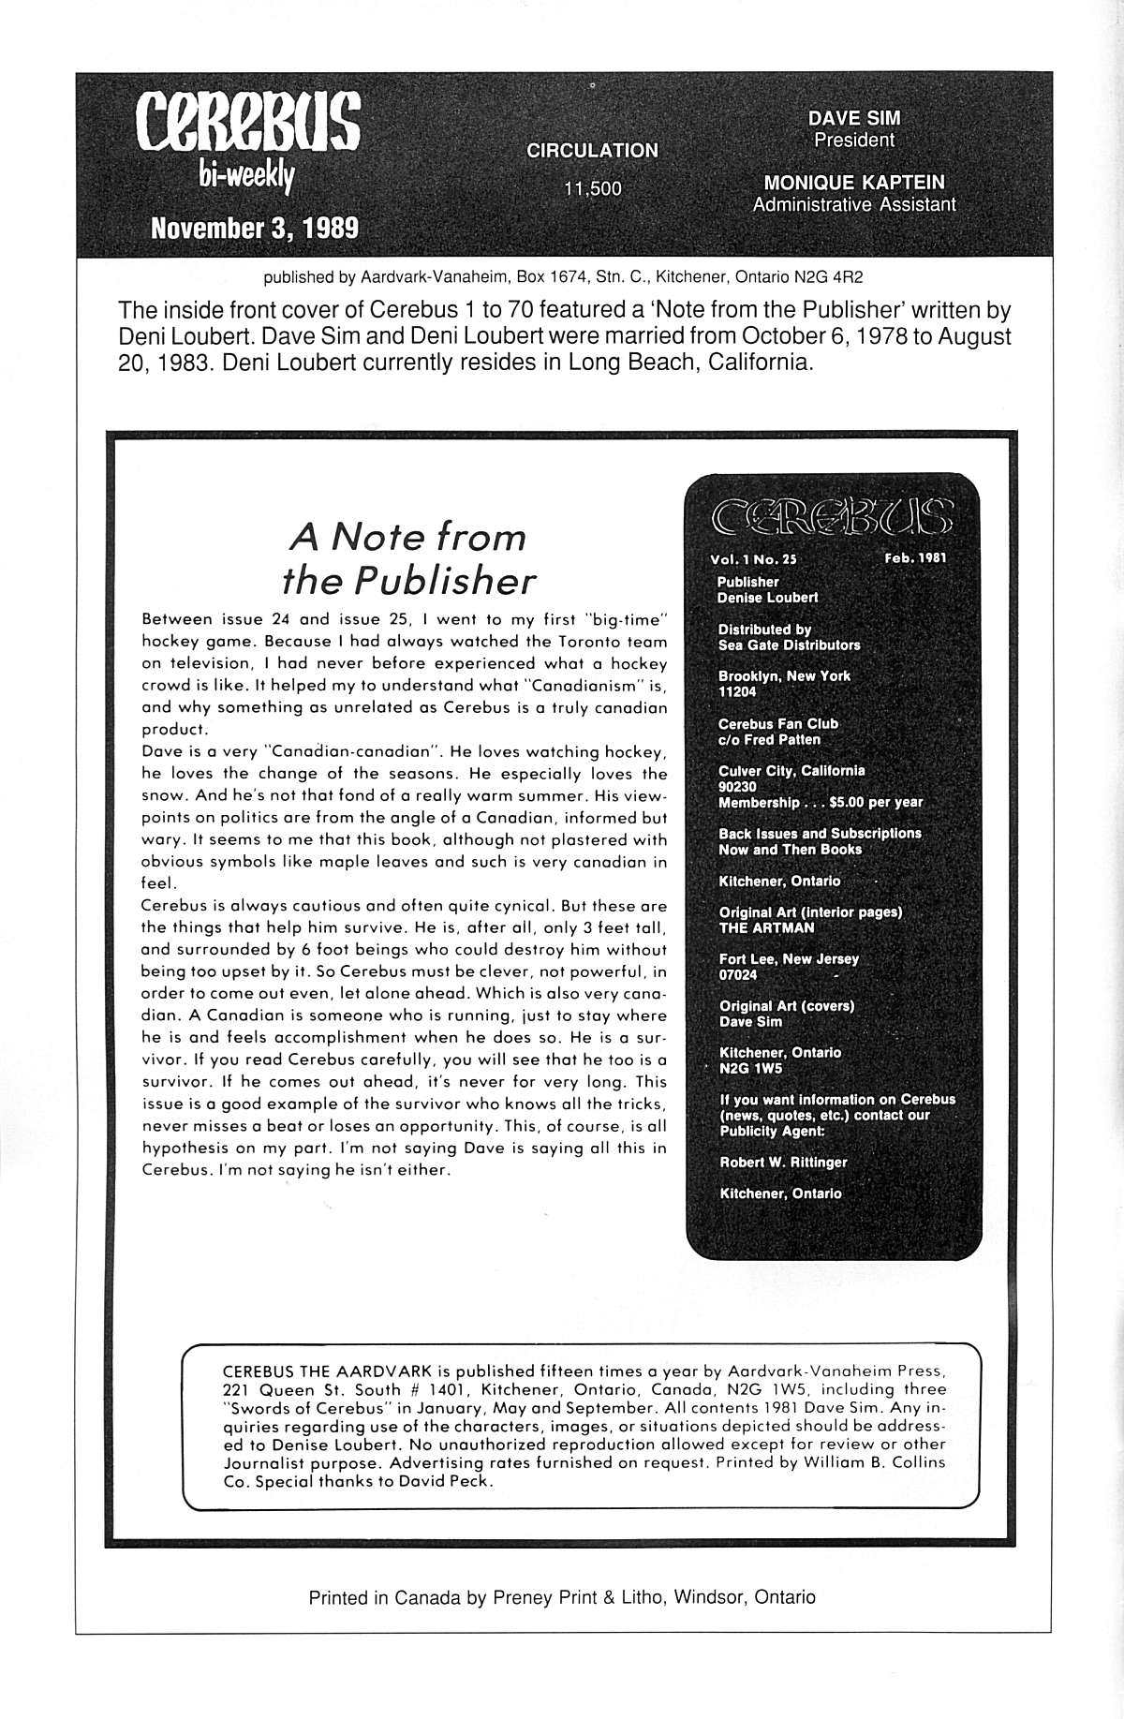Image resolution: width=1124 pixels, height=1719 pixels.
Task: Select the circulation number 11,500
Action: [x=592, y=188]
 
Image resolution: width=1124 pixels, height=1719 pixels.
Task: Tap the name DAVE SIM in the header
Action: [x=853, y=119]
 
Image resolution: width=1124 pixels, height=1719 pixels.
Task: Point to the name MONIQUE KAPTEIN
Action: [x=854, y=183]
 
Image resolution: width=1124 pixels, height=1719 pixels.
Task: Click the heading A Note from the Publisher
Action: [x=408, y=558]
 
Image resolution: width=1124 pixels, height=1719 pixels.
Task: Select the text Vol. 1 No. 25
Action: [x=753, y=558]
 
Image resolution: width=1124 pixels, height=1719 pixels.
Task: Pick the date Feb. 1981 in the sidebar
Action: [x=915, y=557]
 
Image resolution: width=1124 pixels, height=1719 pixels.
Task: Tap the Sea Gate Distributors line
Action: [x=789, y=645]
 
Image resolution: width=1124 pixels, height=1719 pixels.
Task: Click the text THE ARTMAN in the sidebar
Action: [x=766, y=927]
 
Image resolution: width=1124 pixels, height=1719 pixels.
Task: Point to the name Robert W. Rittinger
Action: [x=783, y=1162]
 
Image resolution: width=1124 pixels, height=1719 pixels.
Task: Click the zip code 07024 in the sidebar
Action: [x=737, y=974]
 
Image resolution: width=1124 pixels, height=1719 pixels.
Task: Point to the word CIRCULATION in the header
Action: [x=592, y=150]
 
